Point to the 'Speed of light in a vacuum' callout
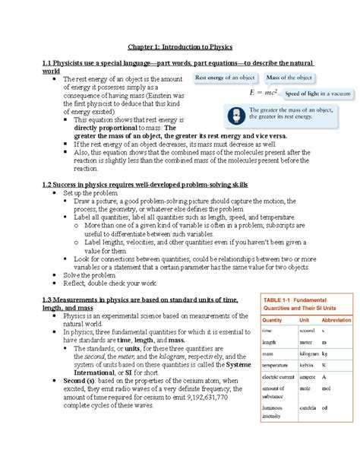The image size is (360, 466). point(297,92)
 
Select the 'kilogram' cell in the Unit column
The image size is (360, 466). point(308,353)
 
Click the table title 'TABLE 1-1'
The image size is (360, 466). point(280,296)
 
